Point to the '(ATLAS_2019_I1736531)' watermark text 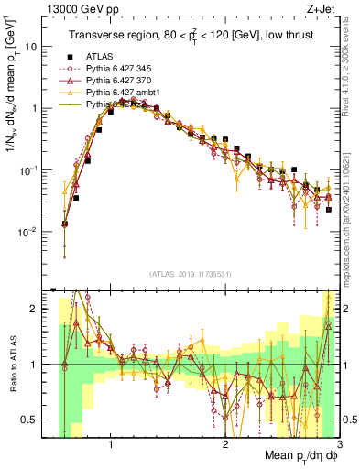189,273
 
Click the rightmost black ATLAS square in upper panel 328,210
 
